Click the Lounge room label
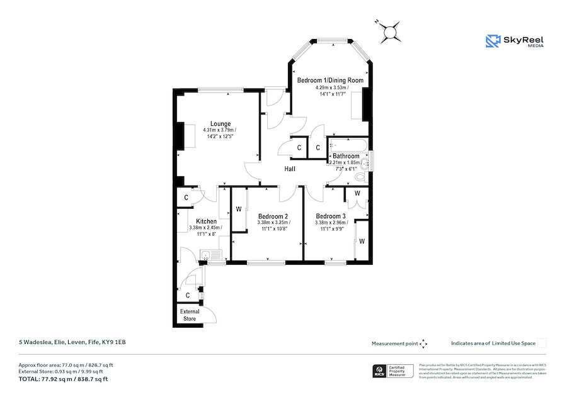(220, 124)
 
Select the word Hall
(290, 169)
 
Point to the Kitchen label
(206, 221)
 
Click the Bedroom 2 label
(272, 216)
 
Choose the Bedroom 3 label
(331, 216)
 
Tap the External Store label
(190, 315)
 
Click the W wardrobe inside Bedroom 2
(239, 209)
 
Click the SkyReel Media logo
(515, 42)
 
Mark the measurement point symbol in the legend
(423, 343)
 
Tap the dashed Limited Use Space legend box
(542, 343)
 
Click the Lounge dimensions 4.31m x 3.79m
(220, 130)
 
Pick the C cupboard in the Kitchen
(186, 197)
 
